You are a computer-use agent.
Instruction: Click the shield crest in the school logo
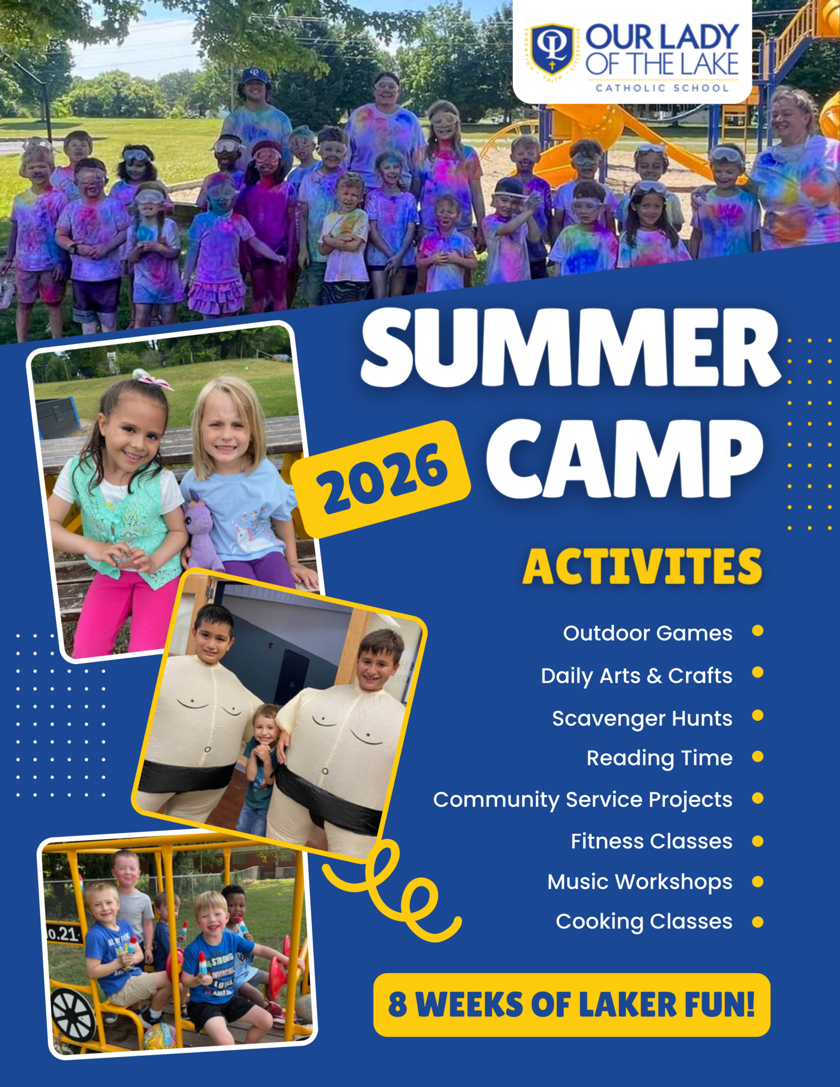(552, 49)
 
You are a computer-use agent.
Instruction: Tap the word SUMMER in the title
(571, 348)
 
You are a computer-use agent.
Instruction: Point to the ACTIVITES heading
(642, 566)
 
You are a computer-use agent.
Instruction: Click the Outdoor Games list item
(648, 633)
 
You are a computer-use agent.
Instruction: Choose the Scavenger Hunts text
(642, 719)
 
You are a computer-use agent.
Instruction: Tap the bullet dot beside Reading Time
(758, 757)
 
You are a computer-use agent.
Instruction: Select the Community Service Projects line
(583, 800)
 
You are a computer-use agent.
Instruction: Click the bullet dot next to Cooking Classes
(758, 922)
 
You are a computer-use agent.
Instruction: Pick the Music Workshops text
(640, 882)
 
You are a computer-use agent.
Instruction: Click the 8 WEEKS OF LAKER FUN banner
(572, 1004)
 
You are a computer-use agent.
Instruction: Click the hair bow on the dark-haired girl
(152, 378)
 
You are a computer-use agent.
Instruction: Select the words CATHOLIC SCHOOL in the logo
(662, 88)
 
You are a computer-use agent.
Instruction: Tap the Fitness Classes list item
(651, 841)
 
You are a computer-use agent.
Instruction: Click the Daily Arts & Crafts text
(637, 676)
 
